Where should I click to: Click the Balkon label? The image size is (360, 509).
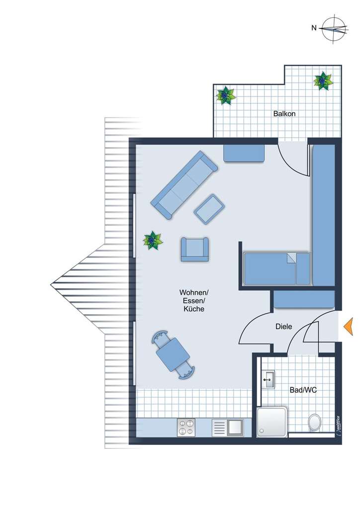(284, 114)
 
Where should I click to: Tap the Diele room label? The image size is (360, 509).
(284, 327)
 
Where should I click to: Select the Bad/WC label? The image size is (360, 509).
(303, 390)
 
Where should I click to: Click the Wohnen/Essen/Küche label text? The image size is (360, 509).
(194, 300)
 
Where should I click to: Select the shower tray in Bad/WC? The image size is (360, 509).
(272, 422)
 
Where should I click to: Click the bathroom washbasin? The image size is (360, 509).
(269, 380)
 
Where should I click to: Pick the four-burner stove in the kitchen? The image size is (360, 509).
(186, 427)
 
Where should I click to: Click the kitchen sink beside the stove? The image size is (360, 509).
(228, 427)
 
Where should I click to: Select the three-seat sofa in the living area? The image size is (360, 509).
(184, 184)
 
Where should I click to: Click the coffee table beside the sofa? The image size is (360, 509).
(209, 208)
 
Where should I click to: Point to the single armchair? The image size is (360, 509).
(194, 249)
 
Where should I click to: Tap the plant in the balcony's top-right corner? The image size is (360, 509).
(323, 80)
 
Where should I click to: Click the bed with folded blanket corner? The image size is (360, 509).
(276, 268)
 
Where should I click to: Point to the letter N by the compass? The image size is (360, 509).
(314, 28)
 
